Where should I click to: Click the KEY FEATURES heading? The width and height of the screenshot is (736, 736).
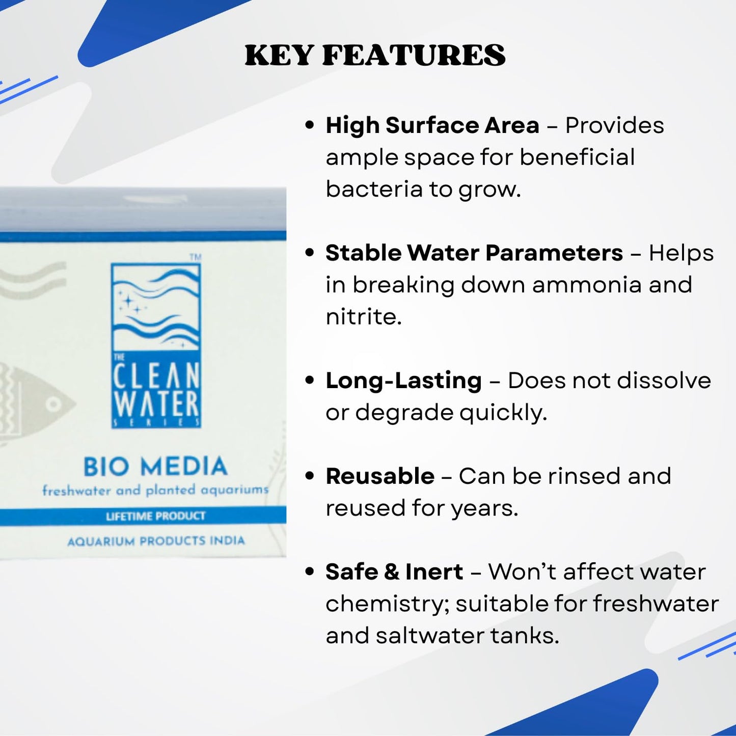click(375, 56)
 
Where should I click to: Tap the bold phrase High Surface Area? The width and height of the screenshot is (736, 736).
click(432, 125)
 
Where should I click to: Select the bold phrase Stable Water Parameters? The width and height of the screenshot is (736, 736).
click(474, 253)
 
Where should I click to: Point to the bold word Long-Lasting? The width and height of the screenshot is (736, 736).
click(403, 380)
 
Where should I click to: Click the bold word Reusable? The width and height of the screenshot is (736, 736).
click(380, 476)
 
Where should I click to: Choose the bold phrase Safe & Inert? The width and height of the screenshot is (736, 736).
click(394, 571)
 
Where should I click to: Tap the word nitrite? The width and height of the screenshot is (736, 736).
click(363, 317)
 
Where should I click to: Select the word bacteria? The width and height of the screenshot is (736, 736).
click(374, 189)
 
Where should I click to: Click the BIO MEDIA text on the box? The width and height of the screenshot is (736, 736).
click(155, 466)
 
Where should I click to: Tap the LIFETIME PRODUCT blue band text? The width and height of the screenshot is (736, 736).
click(155, 516)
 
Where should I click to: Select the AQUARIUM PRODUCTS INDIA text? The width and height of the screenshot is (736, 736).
click(156, 541)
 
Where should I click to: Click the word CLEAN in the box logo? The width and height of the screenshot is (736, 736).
click(156, 376)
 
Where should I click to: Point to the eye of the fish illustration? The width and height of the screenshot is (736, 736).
click(53, 405)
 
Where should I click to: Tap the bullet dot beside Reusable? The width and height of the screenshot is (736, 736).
click(309, 476)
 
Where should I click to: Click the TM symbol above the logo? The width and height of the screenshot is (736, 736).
click(196, 257)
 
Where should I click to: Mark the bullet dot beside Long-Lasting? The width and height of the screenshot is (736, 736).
click(309, 380)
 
